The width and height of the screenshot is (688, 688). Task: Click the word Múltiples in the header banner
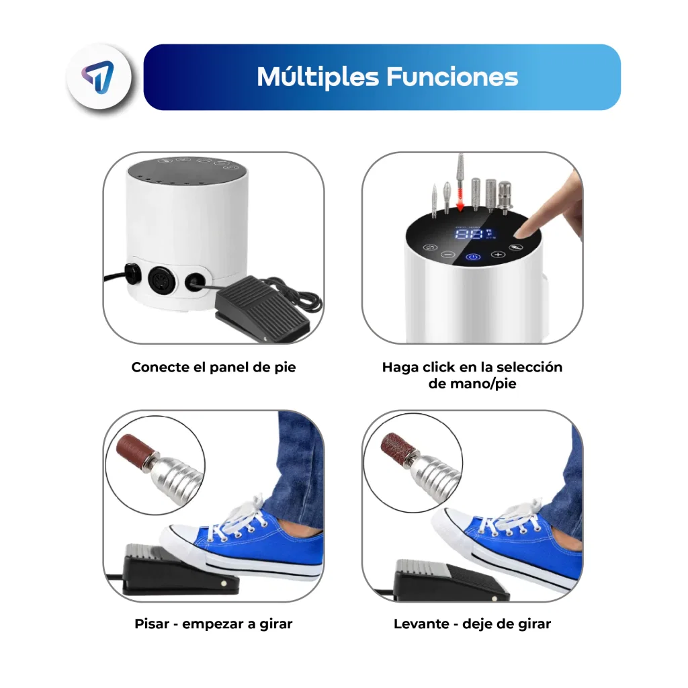317,78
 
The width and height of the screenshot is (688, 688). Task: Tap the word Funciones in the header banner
452,77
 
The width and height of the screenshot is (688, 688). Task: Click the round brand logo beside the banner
99,77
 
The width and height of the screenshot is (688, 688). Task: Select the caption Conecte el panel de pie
213,368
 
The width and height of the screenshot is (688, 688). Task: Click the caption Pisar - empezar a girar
213,623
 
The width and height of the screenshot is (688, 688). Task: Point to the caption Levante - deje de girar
472,623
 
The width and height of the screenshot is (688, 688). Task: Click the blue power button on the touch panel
472,257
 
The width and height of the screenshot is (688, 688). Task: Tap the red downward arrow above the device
460,200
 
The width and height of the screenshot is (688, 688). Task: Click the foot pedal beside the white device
261,306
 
